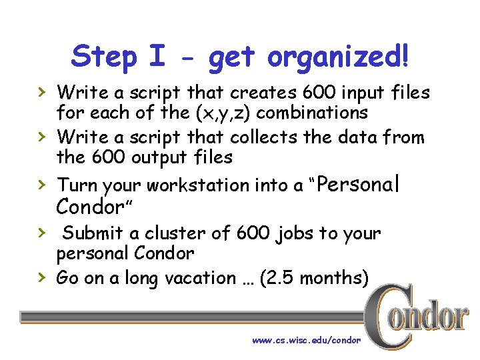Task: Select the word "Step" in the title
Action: pyautogui.click(x=103, y=57)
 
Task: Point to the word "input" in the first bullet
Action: pyautogui.click(x=351, y=92)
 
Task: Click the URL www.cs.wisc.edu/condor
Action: pyautogui.click(x=306, y=341)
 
